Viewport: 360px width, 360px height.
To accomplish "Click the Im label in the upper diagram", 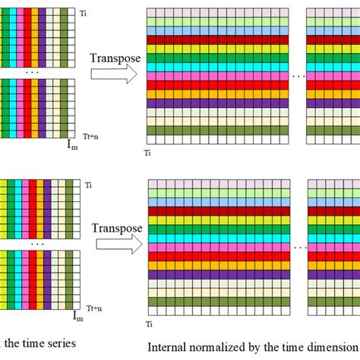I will pos(73,142).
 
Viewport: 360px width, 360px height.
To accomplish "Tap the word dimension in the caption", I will pos(329,348).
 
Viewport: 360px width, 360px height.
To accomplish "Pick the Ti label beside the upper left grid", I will pos(84,14).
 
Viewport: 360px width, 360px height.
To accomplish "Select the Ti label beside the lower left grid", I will pos(89,185).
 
